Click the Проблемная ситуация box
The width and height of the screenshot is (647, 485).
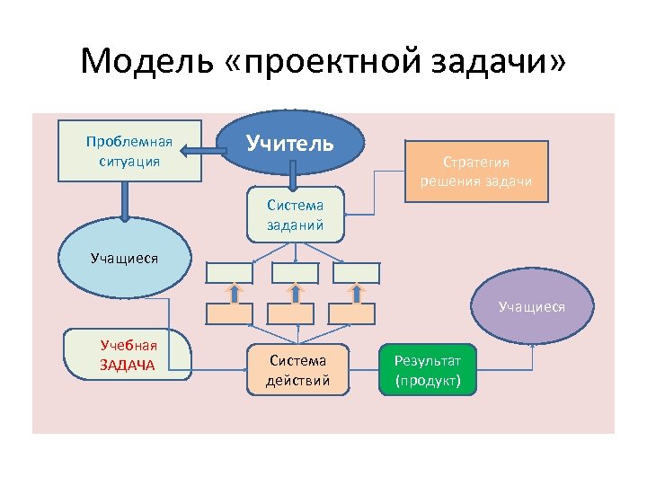click(x=129, y=151)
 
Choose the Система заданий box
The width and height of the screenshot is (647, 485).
click(x=295, y=215)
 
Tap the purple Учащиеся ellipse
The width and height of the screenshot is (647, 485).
click(x=532, y=306)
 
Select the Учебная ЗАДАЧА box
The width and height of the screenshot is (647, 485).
click(x=128, y=356)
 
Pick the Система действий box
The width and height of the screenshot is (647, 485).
click(x=297, y=370)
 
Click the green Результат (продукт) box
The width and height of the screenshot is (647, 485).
click(x=428, y=369)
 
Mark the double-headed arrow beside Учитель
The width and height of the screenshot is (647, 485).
click(x=214, y=154)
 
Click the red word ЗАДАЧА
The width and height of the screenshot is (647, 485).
click(x=128, y=365)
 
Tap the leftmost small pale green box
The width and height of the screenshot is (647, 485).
click(x=231, y=272)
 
